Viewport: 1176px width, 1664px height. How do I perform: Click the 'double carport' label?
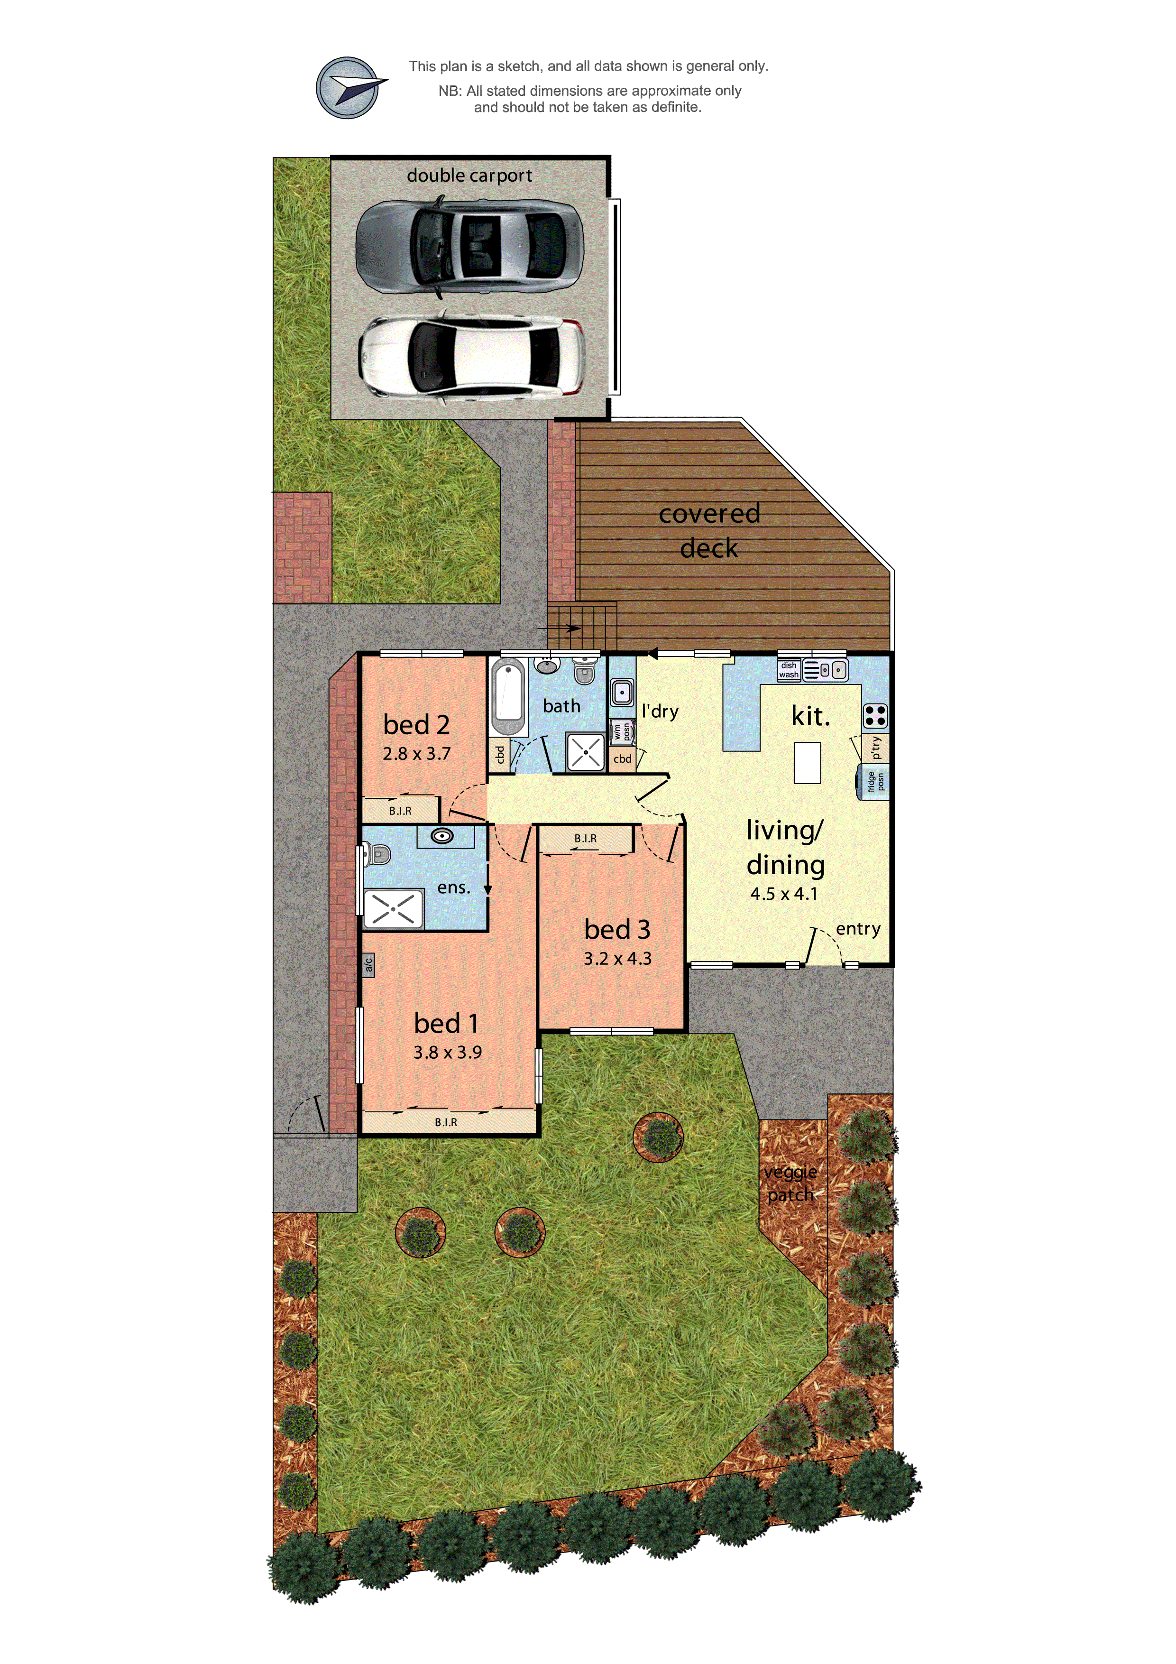coord(469,176)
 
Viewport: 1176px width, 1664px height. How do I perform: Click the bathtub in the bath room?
coord(509,696)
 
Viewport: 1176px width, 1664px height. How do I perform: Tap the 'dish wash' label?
coord(789,670)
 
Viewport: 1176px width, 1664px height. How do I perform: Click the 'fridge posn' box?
coord(874,781)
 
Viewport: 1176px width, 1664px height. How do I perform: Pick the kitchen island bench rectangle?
coord(807,762)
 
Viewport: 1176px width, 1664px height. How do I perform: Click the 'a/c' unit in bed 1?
coord(368,965)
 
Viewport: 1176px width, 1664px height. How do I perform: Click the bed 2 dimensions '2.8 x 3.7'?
coord(417,754)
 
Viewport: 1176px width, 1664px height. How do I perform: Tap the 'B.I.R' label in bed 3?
coord(586,839)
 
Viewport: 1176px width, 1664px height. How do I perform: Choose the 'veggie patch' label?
coord(790,1183)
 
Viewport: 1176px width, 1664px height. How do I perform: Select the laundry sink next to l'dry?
coord(622,692)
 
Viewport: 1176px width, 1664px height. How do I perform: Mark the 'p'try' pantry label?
coord(876,747)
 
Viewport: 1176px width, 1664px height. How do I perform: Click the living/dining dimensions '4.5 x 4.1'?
coord(784,894)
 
